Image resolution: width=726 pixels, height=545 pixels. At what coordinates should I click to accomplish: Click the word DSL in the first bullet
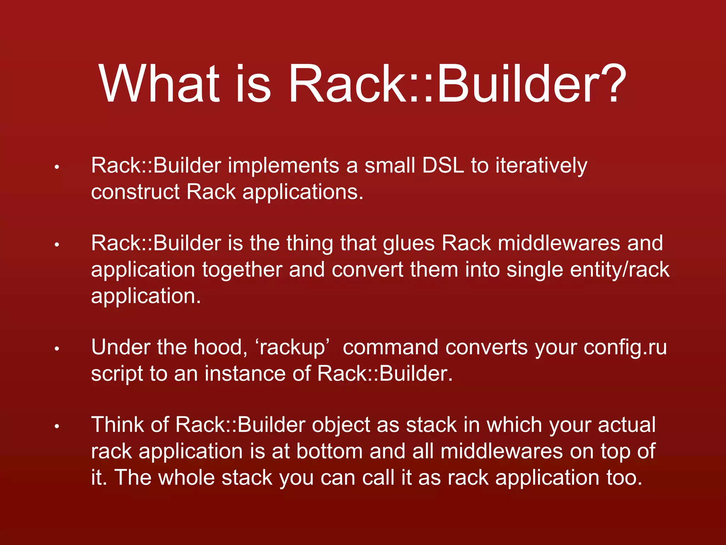click(443, 165)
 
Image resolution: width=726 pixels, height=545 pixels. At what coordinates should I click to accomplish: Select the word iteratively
click(541, 166)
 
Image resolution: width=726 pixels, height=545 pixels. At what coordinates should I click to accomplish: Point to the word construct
click(135, 192)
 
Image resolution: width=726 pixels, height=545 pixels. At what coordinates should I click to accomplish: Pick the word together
click(242, 270)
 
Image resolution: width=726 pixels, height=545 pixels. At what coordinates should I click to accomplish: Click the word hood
click(220, 347)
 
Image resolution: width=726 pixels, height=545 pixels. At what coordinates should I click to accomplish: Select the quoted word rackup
click(293, 348)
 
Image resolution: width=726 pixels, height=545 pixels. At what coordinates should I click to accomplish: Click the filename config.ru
click(625, 348)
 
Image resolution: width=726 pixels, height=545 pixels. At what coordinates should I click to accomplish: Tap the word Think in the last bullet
click(117, 425)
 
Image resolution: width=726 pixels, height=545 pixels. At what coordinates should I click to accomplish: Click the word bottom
click(329, 451)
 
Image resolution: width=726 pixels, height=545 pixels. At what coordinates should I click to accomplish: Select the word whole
click(186, 477)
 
